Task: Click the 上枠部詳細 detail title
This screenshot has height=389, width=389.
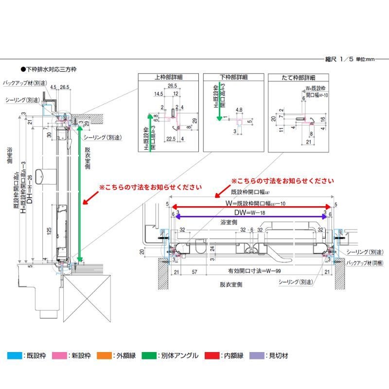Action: tap(169, 77)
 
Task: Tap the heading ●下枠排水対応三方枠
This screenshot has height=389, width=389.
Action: tap(48, 70)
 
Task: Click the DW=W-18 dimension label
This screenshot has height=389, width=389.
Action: tap(249, 213)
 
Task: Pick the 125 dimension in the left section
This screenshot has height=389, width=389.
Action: tap(49, 230)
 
